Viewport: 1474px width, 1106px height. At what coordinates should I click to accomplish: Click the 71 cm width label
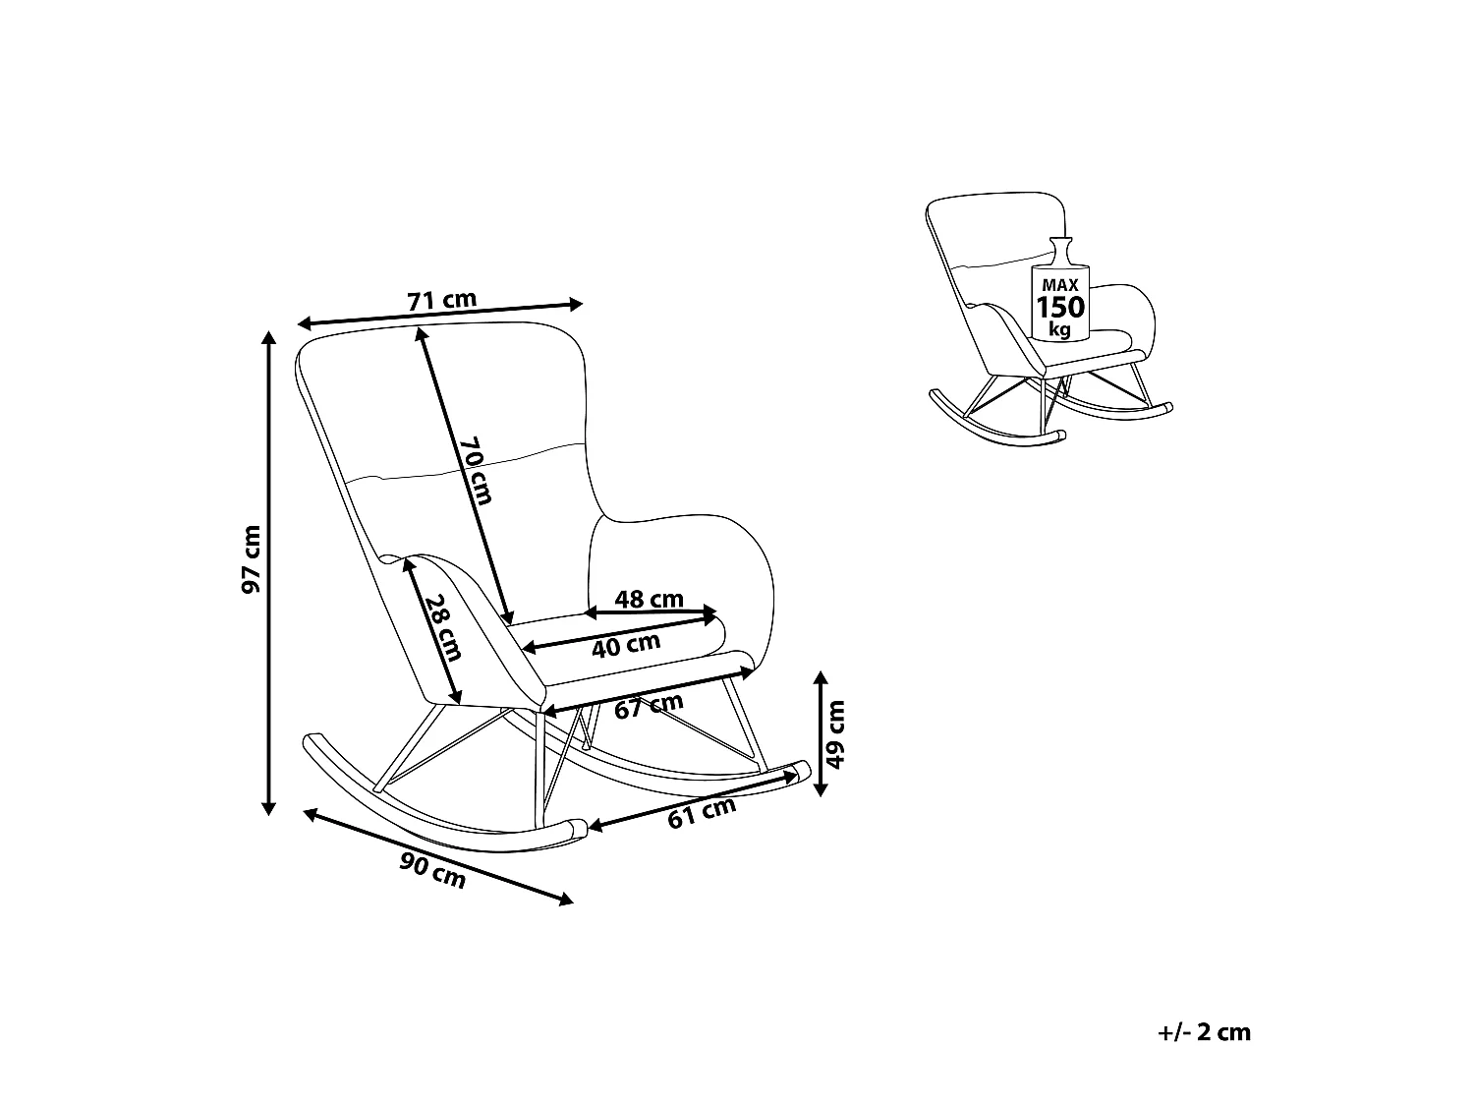click(442, 300)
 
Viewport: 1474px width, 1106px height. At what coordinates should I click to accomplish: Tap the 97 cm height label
click(252, 559)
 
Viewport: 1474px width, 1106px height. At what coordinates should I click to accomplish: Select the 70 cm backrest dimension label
click(477, 470)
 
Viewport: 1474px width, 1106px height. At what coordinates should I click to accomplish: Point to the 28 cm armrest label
click(444, 627)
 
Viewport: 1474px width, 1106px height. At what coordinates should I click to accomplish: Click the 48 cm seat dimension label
click(649, 599)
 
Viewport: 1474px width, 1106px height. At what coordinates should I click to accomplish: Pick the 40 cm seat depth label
click(626, 645)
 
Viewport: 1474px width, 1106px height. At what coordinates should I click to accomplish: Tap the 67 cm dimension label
click(649, 706)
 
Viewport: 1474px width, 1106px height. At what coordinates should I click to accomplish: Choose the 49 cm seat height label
click(835, 734)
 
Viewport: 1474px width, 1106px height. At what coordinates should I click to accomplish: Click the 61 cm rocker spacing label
click(702, 814)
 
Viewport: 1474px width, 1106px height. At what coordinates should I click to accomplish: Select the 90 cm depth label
click(432, 870)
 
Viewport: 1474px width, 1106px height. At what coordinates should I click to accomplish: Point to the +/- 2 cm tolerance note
click(1204, 1032)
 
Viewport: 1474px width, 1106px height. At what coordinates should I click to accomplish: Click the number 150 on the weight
click(1060, 307)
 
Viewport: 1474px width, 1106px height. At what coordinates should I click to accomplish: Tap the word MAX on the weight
click(1060, 285)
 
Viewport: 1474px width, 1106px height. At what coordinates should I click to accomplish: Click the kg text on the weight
click(1059, 329)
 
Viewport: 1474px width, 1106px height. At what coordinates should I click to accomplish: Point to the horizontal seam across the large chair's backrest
click(468, 463)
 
